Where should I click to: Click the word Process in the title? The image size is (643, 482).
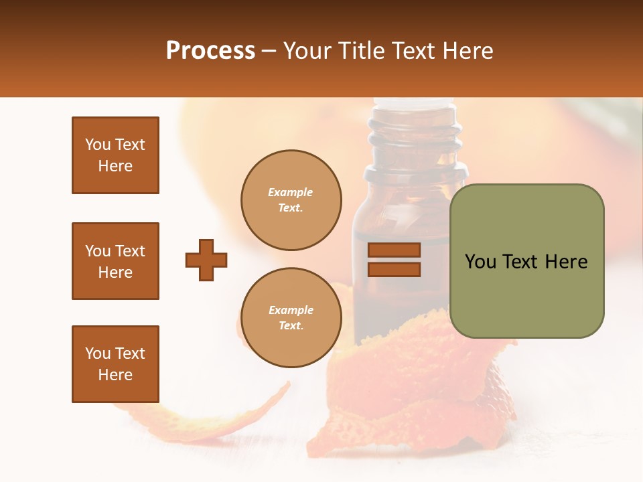[210, 51]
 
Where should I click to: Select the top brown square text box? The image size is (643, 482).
[115, 155]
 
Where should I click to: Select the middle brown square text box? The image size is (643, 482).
[115, 261]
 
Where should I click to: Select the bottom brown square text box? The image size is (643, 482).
[115, 364]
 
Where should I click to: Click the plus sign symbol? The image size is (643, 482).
[206, 260]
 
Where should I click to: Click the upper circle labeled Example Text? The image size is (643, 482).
[291, 200]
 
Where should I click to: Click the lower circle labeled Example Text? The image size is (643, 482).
[291, 318]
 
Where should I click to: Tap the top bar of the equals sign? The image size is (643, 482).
[394, 250]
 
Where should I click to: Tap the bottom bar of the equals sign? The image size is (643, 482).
[394, 269]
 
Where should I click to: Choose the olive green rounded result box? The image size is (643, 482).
[526, 295]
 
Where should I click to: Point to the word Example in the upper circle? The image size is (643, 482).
[291, 192]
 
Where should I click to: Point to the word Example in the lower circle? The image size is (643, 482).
[291, 310]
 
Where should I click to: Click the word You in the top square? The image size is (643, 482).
[98, 145]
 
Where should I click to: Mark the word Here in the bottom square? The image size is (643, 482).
[115, 375]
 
